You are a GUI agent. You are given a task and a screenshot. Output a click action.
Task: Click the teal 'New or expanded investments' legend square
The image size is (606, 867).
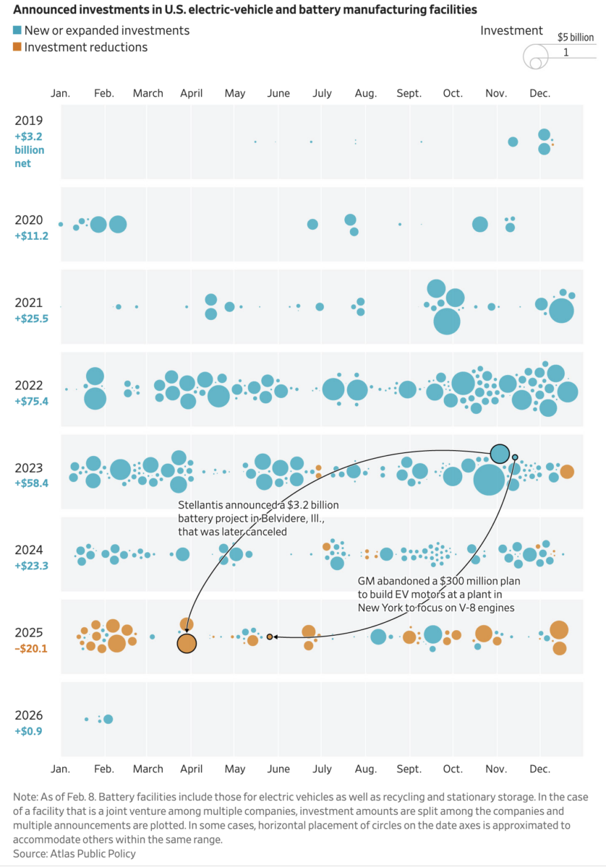pos(17,31)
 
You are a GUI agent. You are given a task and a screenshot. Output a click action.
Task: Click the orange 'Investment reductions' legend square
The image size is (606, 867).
pos(17,48)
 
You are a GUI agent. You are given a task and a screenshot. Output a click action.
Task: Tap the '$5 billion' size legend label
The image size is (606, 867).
pos(575,37)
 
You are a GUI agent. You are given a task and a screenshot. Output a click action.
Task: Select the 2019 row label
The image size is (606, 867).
pos(29,121)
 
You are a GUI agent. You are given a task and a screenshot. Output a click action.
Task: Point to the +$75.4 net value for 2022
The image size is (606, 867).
pos(32,401)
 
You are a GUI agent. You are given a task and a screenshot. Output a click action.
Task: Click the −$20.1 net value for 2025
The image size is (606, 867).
pos(32,648)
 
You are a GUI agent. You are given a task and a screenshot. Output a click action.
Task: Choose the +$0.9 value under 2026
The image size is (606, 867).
pos(30,730)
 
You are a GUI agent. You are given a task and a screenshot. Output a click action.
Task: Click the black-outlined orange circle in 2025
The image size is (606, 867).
pos(187,642)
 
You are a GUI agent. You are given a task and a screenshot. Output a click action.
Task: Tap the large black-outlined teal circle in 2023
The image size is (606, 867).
pos(500,454)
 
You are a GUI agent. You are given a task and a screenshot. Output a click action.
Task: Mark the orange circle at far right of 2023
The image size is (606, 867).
pos(567,471)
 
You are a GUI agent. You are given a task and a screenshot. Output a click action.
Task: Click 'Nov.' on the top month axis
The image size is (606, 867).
pos(496,93)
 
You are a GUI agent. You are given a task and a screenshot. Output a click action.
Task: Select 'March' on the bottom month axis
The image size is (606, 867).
pos(148,769)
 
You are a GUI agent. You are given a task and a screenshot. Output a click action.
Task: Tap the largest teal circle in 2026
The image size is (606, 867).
pos(108,719)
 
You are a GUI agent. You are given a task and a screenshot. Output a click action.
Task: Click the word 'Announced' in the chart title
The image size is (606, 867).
pos(42,10)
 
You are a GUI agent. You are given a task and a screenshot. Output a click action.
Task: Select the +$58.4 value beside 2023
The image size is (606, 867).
pos(32,483)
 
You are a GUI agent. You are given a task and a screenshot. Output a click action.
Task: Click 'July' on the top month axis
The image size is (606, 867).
pos(322,93)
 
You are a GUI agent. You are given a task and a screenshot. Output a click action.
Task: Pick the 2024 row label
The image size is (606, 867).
pos(29,550)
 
